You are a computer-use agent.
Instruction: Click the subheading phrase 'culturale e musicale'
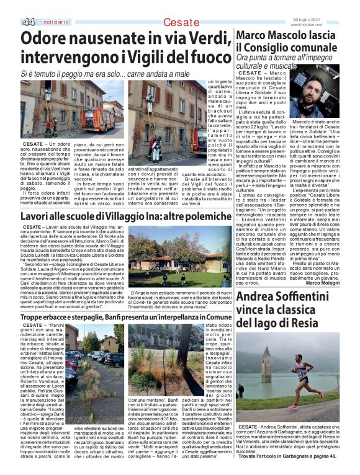coord(266,66)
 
